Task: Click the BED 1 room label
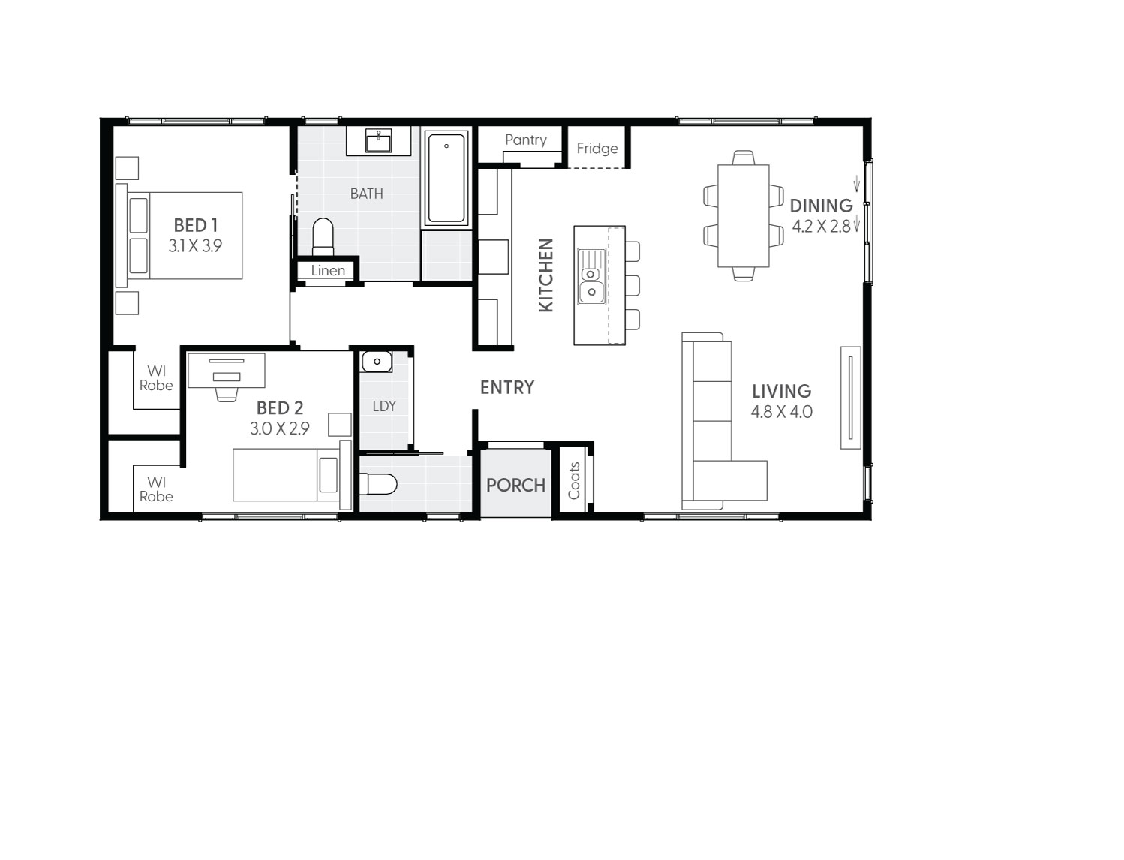tap(195, 224)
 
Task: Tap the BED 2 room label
tap(280, 407)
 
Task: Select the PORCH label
tap(515, 485)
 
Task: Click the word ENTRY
tap(507, 387)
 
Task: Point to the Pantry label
tap(525, 140)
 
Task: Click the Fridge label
tap(597, 148)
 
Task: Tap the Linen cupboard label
tap(328, 270)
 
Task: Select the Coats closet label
tap(575, 480)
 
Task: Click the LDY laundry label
tap(384, 406)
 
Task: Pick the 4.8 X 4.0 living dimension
tap(781, 411)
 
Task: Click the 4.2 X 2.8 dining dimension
tap(822, 226)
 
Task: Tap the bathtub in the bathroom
tap(446, 178)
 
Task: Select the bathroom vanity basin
tap(378, 140)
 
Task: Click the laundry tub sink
tap(376, 362)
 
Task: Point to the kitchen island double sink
tap(591, 276)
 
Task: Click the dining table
tap(743, 215)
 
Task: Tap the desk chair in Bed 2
tap(226, 392)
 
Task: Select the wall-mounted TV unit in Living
tap(850, 398)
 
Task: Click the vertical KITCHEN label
tap(546, 275)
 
